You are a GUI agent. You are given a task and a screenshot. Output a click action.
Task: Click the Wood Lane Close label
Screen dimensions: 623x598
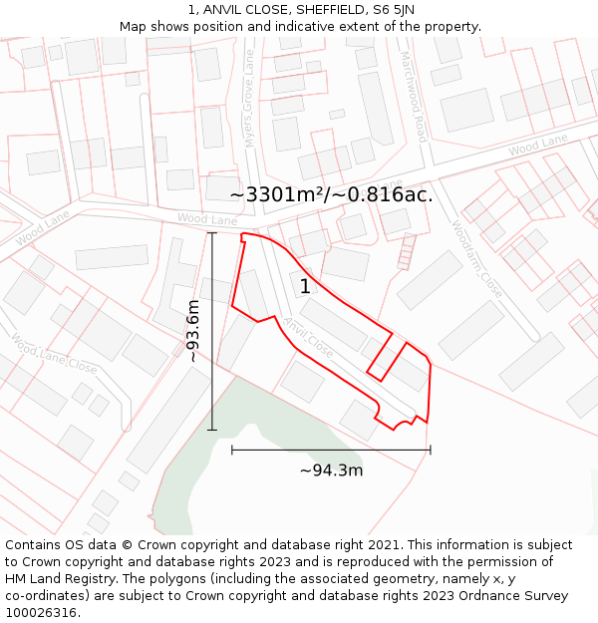tap(54, 354)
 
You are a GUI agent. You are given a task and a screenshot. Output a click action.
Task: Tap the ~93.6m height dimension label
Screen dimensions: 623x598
tap(193, 331)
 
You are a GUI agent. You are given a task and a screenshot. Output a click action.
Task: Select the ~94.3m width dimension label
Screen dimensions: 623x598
tap(331, 470)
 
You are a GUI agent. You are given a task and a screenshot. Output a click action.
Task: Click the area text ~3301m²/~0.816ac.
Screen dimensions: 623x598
tap(331, 194)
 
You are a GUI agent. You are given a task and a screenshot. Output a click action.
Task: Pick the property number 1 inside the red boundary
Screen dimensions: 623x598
tap(305, 287)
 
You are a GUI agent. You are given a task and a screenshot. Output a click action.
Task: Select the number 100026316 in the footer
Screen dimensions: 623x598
tap(42, 613)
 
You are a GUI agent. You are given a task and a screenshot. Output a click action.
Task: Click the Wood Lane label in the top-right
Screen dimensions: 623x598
tap(537, 145)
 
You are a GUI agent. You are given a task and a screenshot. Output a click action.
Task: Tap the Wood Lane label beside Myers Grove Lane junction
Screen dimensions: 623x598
tap(207, 218)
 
